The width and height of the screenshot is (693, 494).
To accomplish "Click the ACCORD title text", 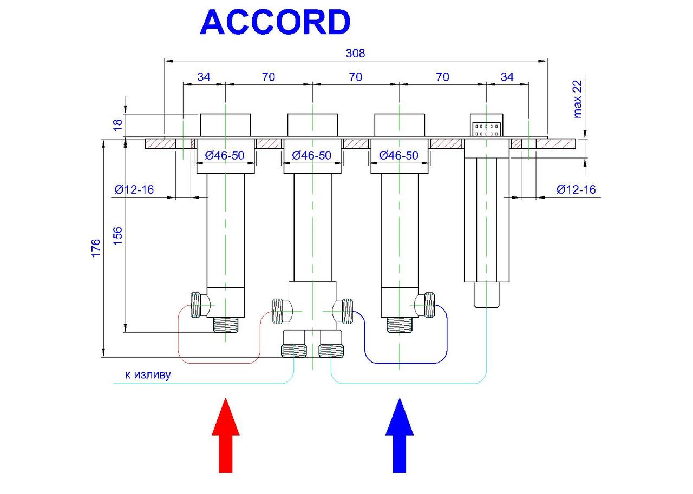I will pyautogui.click(x=275, y=23).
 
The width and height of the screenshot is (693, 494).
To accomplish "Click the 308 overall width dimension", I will pyautogui.click(x=355, y=53).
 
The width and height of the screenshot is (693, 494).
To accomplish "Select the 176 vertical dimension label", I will pyautogui.click(x=96, y=248).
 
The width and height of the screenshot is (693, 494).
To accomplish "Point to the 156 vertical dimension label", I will pyautogui.click(x=118, y=236).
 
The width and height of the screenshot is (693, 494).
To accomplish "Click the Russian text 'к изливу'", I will pyautogui.click(x=148, y=374).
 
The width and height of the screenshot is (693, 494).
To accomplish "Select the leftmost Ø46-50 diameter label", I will pyautogui.click(x=225, y=155).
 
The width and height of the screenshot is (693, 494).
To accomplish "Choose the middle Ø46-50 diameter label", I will pyautogui.click(x=312, y=155).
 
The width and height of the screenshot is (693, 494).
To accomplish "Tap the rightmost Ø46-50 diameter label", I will pyautogui.click(x=399, y=155).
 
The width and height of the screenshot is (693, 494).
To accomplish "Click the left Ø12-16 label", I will pyautogui.click(x=134, y=189).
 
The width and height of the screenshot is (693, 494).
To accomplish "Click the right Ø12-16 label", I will pyautogui.click(x=576, y=189).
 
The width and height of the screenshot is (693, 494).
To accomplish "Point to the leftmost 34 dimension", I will pyautogui.click(x=204, y=77).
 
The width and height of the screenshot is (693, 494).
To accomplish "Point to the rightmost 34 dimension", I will pyautogui.click(x=507, y=77).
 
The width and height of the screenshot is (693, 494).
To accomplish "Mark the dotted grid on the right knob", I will pyautogui.click(x=486, y=129).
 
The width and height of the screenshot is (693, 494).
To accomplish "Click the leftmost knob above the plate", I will pyautogui.click(x=225, y=125).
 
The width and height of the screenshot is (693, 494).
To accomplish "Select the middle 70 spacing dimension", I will pyautogui.click(x=355, y=77).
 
